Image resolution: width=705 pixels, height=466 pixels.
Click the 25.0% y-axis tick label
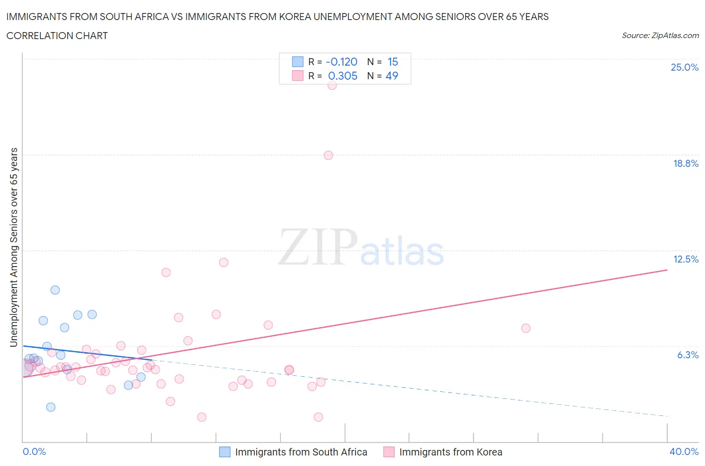point(684,67)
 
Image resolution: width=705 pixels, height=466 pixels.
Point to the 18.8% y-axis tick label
point(685,163)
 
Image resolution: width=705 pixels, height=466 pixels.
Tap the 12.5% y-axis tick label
point(685,259)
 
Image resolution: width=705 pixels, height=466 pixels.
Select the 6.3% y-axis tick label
point(687,355)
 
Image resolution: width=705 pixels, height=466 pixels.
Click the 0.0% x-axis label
point(34,451)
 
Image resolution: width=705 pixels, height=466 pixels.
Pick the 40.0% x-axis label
point(684,451)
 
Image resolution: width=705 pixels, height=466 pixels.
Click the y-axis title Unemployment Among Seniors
point(14,247)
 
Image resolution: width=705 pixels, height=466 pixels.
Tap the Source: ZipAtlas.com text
point(660,36)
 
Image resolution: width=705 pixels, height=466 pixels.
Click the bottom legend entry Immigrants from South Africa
point(301,452)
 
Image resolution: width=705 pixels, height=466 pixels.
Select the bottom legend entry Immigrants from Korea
point(450,452)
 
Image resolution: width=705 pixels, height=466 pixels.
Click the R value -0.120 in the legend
point(341,62)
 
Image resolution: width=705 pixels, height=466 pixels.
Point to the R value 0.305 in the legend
point(342,76)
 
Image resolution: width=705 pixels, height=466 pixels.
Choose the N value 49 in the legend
point(392,76)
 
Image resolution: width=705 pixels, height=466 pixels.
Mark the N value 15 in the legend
point(393,62)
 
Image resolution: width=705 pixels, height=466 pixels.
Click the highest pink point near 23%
point(332,85)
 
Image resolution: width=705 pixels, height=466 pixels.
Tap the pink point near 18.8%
point(328,155)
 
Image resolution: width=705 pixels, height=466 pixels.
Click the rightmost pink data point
point(525,328)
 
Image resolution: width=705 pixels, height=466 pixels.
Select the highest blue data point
point(55,290)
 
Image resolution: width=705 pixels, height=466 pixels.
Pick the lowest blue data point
point(51,407)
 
